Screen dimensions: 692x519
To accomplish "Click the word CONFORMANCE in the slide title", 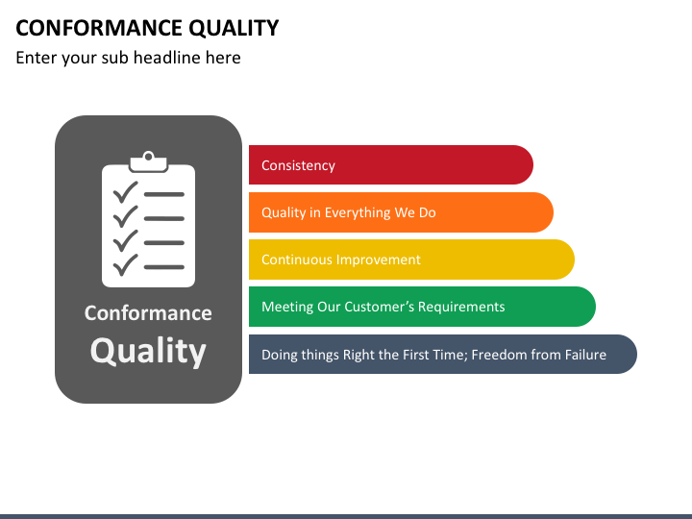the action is click(x=99, y=28).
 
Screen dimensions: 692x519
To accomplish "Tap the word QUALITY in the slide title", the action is click(x=234, y=29).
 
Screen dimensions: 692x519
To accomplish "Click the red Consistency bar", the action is click(x=391, y=164).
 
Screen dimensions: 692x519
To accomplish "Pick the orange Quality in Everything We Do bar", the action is click(x=401, y=212).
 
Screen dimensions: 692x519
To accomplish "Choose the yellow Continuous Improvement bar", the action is click(x=411, y=259).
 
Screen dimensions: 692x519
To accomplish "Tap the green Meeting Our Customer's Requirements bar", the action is click(x=422, y=307).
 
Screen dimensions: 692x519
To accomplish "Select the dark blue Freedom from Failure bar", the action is click(x=443, y=354).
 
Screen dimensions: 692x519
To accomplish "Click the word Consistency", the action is click(x=298, y=165).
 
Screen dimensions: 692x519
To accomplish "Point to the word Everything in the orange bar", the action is click(x=358, y=213).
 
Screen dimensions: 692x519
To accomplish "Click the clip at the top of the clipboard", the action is click(x=148, y=162).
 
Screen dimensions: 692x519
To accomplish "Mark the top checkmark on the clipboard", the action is click(x=125, y=192).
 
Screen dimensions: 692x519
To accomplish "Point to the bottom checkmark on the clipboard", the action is click(x=125, y=265).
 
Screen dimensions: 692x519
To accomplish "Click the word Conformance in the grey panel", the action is click(x=148, y=313).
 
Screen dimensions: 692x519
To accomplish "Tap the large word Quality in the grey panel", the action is click(x=148, y=352).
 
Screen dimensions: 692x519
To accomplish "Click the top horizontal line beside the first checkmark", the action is click(x=164, y=194).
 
